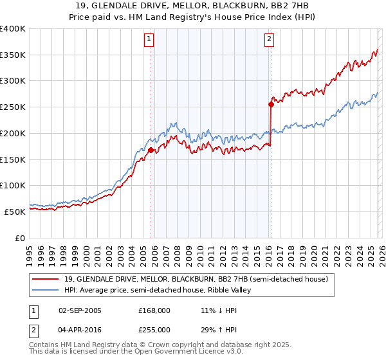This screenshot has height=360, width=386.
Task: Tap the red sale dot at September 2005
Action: pyautogui.click(x=151, y=150)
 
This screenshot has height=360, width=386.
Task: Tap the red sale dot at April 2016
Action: pyautogui.click(x=271, y=105)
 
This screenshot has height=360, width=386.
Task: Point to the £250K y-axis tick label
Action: pyautogui.click(x=13, y=107)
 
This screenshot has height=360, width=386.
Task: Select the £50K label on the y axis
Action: pyautogui.click(x=15, y=212)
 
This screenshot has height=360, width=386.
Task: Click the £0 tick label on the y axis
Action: pyautogui.click(x=21, y=238)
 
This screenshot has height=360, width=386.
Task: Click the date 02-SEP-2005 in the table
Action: pyautogui.click(x=80, y=310)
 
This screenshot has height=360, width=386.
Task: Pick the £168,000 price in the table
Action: pyautogui.click(x=154, y=310)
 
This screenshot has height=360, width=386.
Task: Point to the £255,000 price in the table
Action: pyautogui.click(x=154, y=329)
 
